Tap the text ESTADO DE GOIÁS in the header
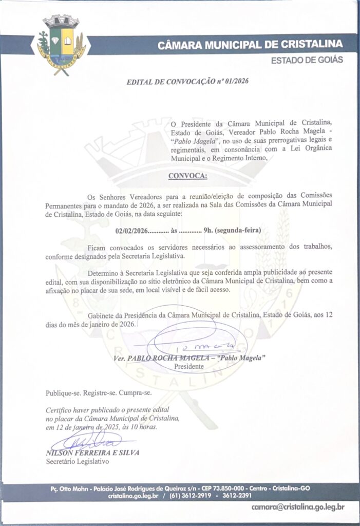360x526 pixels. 307,60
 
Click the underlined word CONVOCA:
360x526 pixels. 188,176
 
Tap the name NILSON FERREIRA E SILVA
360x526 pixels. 92,453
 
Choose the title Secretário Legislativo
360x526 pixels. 77,461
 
